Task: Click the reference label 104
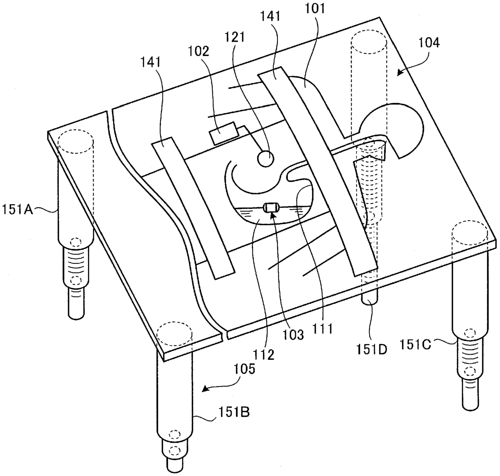[428, 43]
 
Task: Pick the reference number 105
[244, 369]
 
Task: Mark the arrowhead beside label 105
[206, 388]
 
